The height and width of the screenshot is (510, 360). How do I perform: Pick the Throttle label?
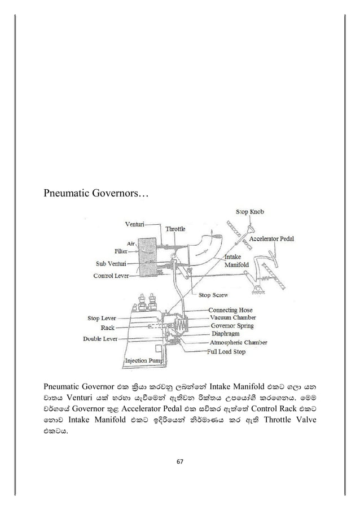coord(175,229)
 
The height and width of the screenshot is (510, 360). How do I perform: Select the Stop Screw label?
coord(214,295)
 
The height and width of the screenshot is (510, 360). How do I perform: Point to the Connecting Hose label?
coord(230,310)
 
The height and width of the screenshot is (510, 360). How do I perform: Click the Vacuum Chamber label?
coord(232,318)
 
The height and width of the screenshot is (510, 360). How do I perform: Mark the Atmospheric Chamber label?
coord(238,342)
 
